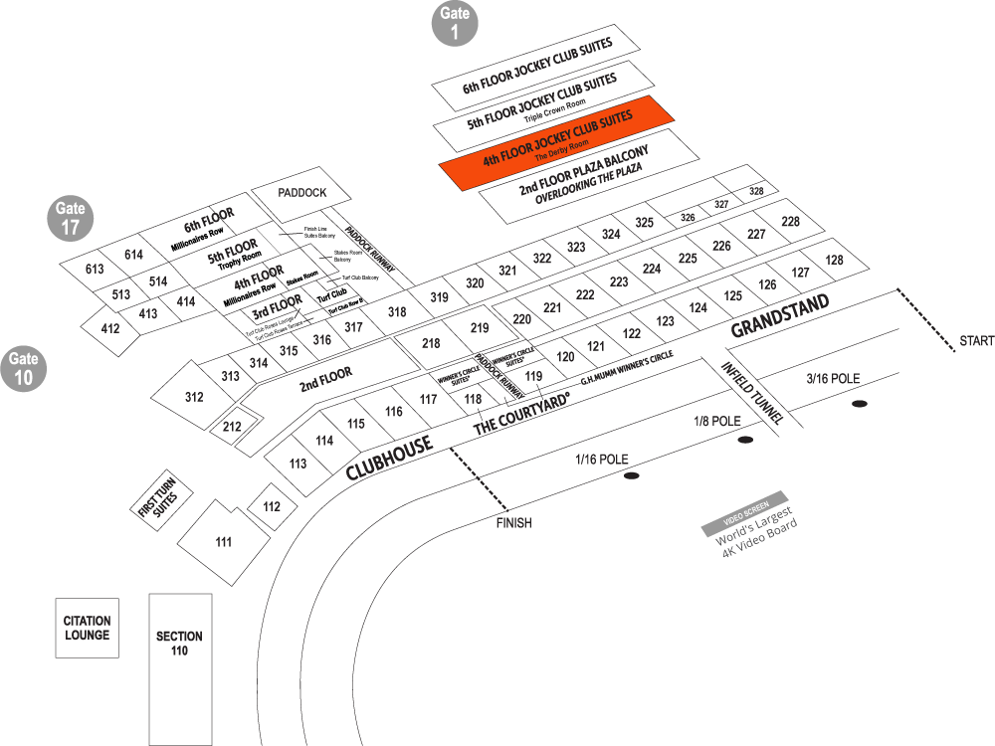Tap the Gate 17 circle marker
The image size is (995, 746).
70,219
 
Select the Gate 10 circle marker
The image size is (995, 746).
23,368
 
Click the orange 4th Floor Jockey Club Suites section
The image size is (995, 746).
557,140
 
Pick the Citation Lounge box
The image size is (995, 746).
87,628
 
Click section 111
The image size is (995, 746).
223,541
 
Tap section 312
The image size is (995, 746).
194,397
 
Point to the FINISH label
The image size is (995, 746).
514,522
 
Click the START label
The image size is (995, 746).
976,341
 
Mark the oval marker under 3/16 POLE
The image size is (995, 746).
859,404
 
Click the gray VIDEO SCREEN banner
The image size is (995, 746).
744,513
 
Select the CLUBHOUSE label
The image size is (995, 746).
390,459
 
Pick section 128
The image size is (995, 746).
834,260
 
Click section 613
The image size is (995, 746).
95,270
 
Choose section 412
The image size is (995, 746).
110,328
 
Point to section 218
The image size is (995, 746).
431,343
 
